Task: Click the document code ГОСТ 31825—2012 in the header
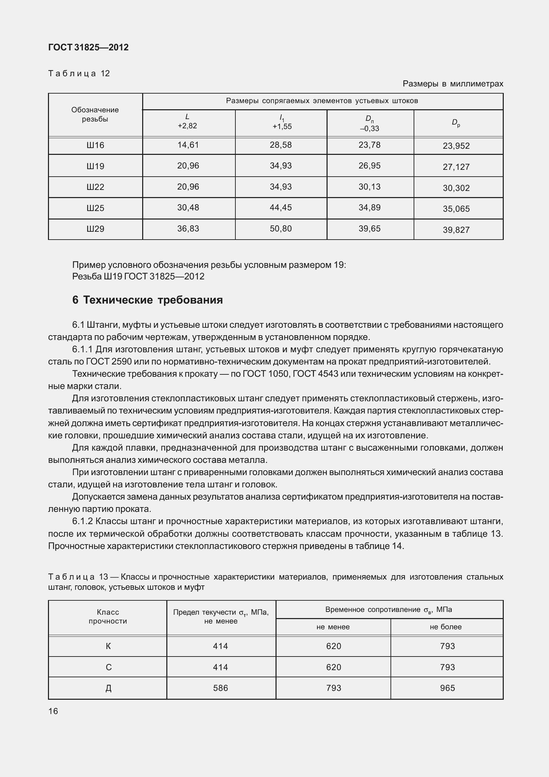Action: (x=88, y=48)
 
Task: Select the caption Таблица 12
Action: (x=79, y=74)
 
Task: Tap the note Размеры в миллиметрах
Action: (x=453, y=84)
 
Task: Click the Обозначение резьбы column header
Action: (x=95, y=114)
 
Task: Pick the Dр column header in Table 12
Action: (x=456, y=123)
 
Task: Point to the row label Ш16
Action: (x=95, y=146)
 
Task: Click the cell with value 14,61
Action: (x=188, y=145)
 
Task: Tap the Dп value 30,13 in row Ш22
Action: (x=369, y=187)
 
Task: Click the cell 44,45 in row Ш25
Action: (x=281, y=208)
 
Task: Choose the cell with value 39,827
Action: (x=456, y=230)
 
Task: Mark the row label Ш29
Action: (x=95, y=229)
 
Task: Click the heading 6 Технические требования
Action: (x=148, y=300)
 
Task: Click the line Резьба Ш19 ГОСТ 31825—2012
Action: (x=138, y=276)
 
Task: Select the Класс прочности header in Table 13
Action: (x=108, y=617)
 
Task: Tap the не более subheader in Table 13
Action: (x=446, y=627)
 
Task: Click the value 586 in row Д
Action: (x=220, y=688)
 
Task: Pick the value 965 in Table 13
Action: (x=447, y=688)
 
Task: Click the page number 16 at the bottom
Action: (x=53, y=711)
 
